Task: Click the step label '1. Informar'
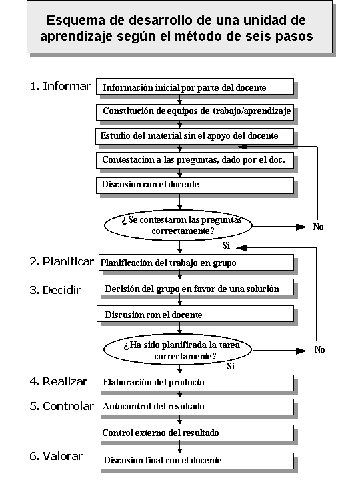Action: click(60, 86)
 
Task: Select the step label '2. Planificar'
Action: click(61, 262)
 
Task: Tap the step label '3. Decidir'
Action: click(55, 290)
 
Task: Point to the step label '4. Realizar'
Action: click(59, 381)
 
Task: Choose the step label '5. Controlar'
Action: click(61, 406)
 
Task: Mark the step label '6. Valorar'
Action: click(56, 456)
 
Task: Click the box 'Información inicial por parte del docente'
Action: click(195, 87)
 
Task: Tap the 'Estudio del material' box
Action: click(195, 136)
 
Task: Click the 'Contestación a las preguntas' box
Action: click(195, 161)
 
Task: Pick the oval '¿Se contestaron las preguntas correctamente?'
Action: click(178, 225)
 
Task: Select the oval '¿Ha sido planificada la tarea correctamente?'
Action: click(178, 350)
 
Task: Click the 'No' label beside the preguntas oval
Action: click(318, 227)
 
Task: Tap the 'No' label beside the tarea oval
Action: click(319, 349)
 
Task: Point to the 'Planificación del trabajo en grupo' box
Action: click(196, 263)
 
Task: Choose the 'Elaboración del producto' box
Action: click(195, 383)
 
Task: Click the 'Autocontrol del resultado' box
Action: click(195, 407)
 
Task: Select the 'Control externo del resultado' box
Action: click(195, 433)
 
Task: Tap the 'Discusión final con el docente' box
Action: click(195, 461)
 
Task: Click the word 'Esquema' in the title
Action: click(75, 20)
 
